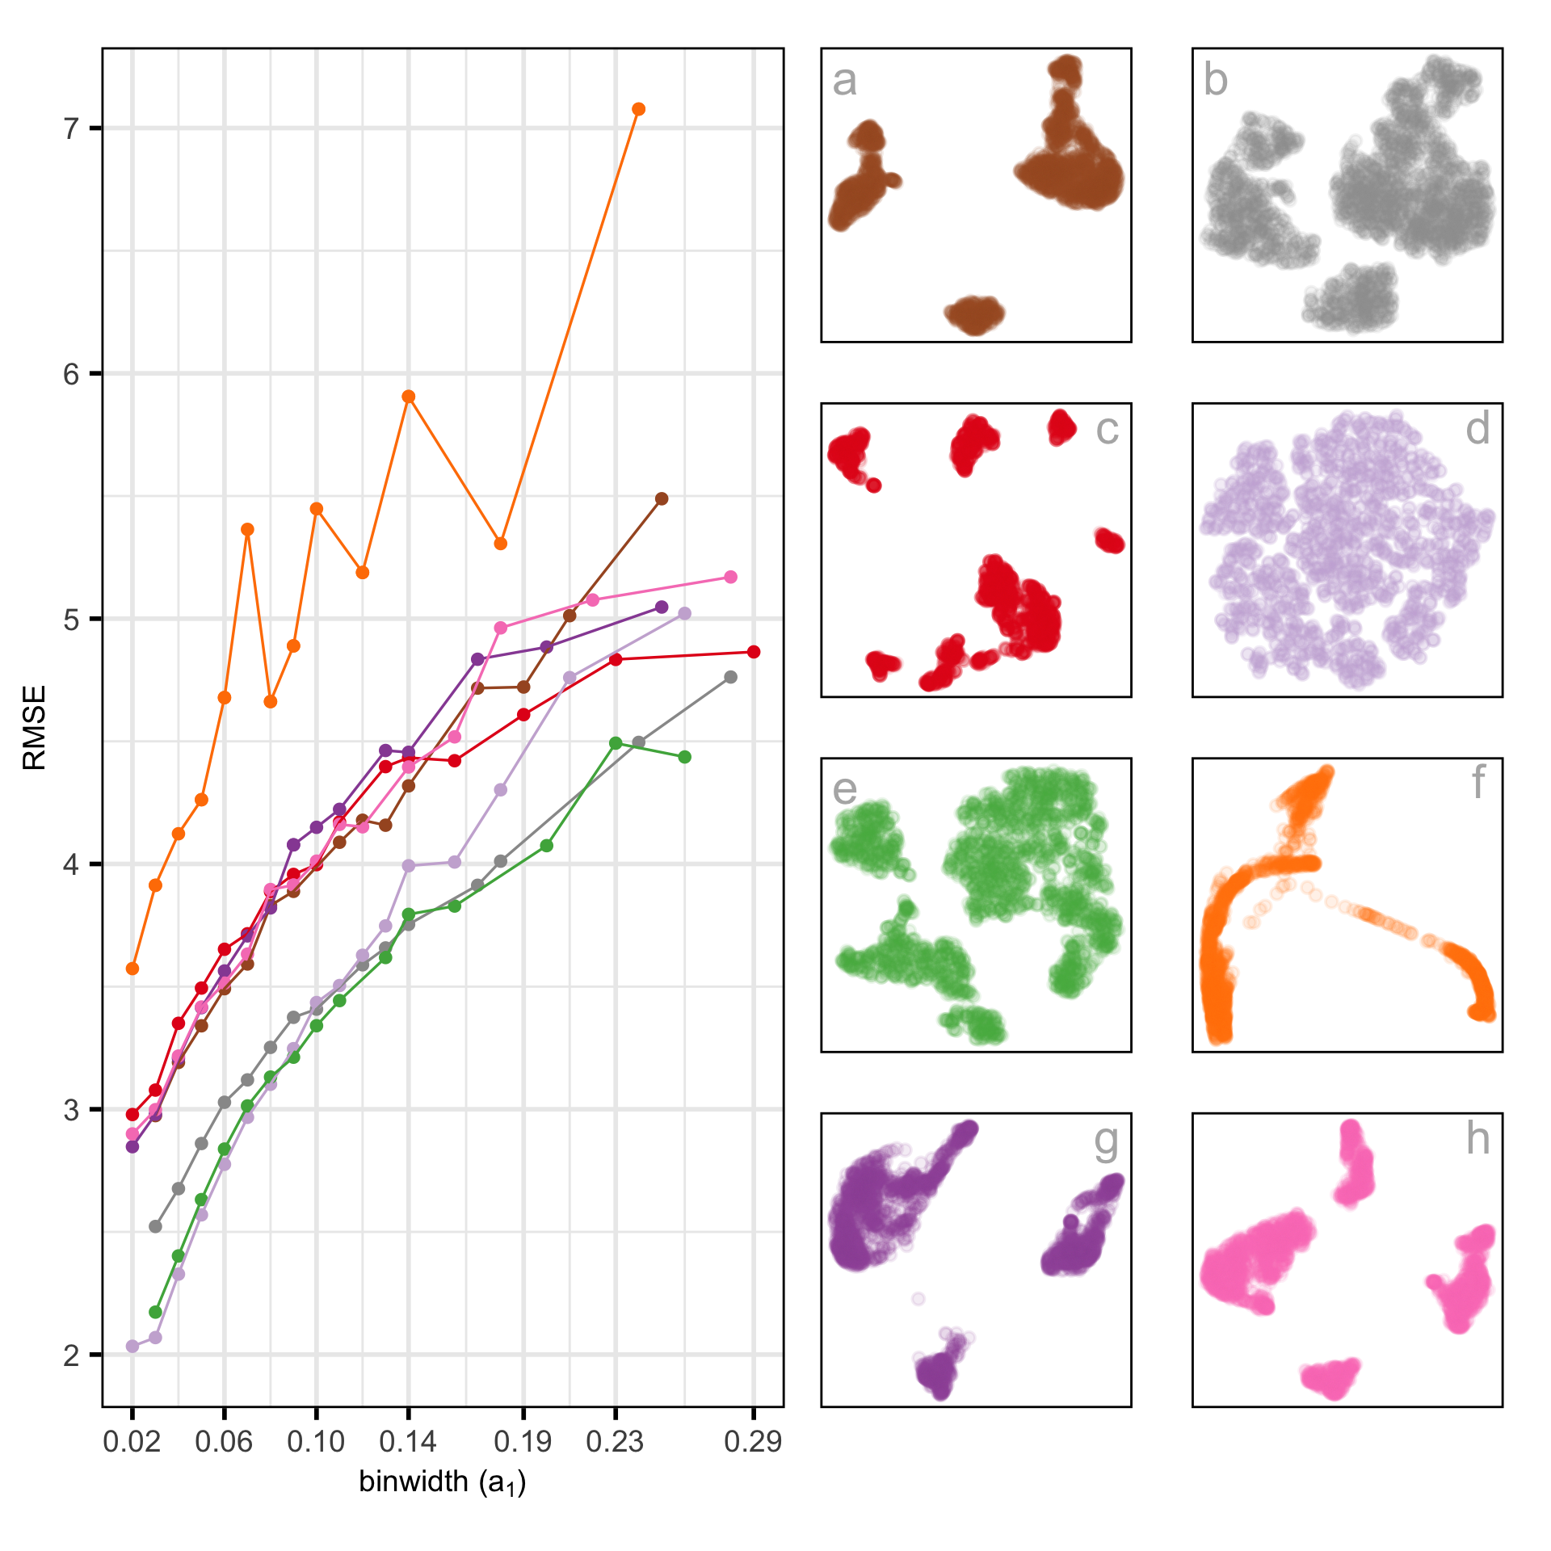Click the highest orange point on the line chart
coord(638,109)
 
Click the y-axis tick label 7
coord(72,128)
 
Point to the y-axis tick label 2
coord(72,1355)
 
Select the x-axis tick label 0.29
coord(753,1442)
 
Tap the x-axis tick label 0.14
coord(408,1442)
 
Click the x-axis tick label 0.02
coord(132,1442)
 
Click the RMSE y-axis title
coord(35,727)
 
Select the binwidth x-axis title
coord(443,1482)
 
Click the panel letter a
coord(845,81)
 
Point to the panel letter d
coord(1477,429)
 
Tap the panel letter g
coord(1106,1141)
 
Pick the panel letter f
coord(1477,782)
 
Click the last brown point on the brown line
coord(662,498)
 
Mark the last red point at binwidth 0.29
coord(754,652)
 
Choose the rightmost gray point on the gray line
coord(730,677)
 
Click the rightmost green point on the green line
coord(685,757)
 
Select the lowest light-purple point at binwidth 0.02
coord(132,1347)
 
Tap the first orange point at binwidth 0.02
coord(132,969)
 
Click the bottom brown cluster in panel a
coord(975,314)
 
